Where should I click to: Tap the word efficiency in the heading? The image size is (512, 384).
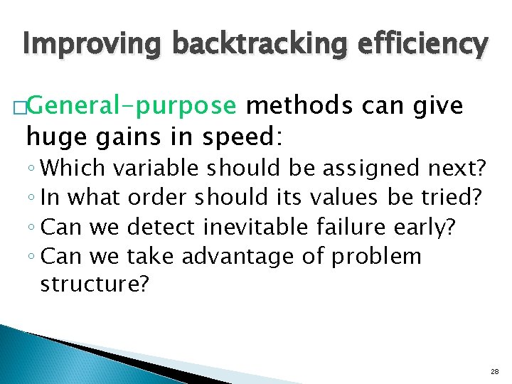click(418, 44)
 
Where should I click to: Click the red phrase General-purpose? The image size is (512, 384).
click(133, 107)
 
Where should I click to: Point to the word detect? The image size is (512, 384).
click(161, 227)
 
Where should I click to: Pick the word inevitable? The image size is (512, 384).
click(254, 227)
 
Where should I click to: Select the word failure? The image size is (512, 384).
click(348, 227)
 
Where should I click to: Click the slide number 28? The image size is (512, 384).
click(494, 372)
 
